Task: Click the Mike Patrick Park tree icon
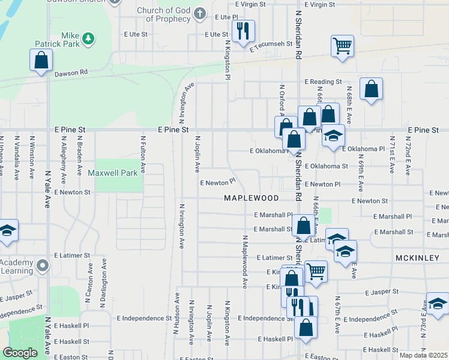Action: (x=88, y=38)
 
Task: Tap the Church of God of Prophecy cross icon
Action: (x=200, y=13)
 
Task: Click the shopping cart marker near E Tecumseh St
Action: (x=342, y=45)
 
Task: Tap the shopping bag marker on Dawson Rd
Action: (x=41, y=59)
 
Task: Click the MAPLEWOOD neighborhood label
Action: (x=252, y=197)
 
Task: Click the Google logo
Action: (x=20, y=353)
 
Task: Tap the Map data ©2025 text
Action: (x=423, y=355)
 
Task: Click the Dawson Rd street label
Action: (x=71, y=73)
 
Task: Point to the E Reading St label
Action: (x=323, y=82)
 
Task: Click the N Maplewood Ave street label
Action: (x=245, y=262)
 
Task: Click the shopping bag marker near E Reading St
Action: (x=372, y=89)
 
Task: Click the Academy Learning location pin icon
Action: (x=42, y=265)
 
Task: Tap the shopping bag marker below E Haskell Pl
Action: (x=306, y=328)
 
